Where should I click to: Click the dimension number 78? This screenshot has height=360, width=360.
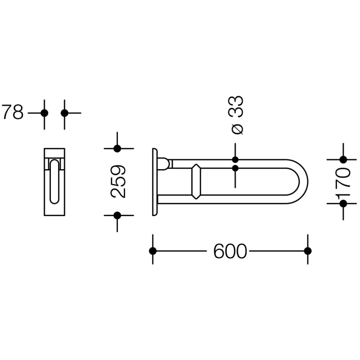point(12,112)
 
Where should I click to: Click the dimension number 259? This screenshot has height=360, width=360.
point(118,182)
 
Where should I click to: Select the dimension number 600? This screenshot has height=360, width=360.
point(230,251)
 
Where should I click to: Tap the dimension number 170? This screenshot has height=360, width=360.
point(343,182)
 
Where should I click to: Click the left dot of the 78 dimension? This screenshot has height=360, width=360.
point(44,113)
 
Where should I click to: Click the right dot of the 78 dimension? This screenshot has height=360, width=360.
point(64,113)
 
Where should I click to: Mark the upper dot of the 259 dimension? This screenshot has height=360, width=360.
point(117,149)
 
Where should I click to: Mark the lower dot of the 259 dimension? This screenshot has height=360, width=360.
point(117,215)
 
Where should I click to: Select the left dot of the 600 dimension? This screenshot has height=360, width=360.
point(152,251)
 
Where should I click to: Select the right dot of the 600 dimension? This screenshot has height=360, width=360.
point(308,251)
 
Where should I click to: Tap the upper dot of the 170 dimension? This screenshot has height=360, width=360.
point(343,160)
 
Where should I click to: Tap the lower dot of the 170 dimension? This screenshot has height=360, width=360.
point(343,204)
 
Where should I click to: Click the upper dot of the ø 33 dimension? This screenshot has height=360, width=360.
point(236,160)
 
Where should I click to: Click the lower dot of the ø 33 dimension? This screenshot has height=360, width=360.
point(236,168)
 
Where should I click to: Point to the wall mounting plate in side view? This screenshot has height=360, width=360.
point(154,182)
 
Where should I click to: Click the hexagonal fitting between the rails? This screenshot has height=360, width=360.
point(196,181)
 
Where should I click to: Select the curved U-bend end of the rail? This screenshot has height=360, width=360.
point(301,182)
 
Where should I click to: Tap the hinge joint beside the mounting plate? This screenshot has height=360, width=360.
point(163,164)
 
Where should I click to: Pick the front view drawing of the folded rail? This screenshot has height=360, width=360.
point(54,182)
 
